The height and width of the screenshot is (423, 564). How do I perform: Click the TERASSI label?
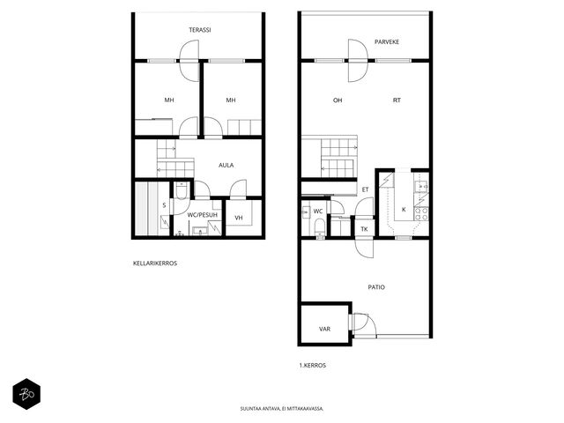[200, 30]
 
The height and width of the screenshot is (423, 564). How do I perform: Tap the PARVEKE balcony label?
[387, 41]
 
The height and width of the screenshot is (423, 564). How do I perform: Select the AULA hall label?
[226, 165]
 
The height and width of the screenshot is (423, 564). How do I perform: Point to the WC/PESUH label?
[203, 215]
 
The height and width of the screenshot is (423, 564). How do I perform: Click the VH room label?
[239, 218]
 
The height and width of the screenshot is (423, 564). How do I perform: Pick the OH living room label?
[338, 100]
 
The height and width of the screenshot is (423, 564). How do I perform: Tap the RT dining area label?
[397, 100]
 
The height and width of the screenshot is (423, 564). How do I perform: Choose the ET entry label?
[365, 189]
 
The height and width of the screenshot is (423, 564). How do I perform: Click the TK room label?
[364, 229]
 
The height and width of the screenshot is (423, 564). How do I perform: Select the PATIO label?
[376, 287]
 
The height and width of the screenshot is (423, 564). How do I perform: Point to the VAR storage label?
[324, 329]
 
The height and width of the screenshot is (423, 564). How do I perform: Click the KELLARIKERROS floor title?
[155, 263]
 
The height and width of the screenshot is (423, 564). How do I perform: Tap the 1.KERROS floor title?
[313, 365]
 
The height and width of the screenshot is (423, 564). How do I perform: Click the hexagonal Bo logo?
[26, 394]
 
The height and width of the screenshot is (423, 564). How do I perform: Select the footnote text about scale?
[282, 409]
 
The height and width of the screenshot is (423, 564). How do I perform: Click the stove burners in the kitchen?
[421, 213]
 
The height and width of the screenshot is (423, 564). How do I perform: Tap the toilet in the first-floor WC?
[320, 227]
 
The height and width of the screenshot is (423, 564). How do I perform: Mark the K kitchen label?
[404, 210]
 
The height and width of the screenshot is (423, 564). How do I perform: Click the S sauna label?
[164, 205]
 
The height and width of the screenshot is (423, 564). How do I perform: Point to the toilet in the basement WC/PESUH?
[181, 190]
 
